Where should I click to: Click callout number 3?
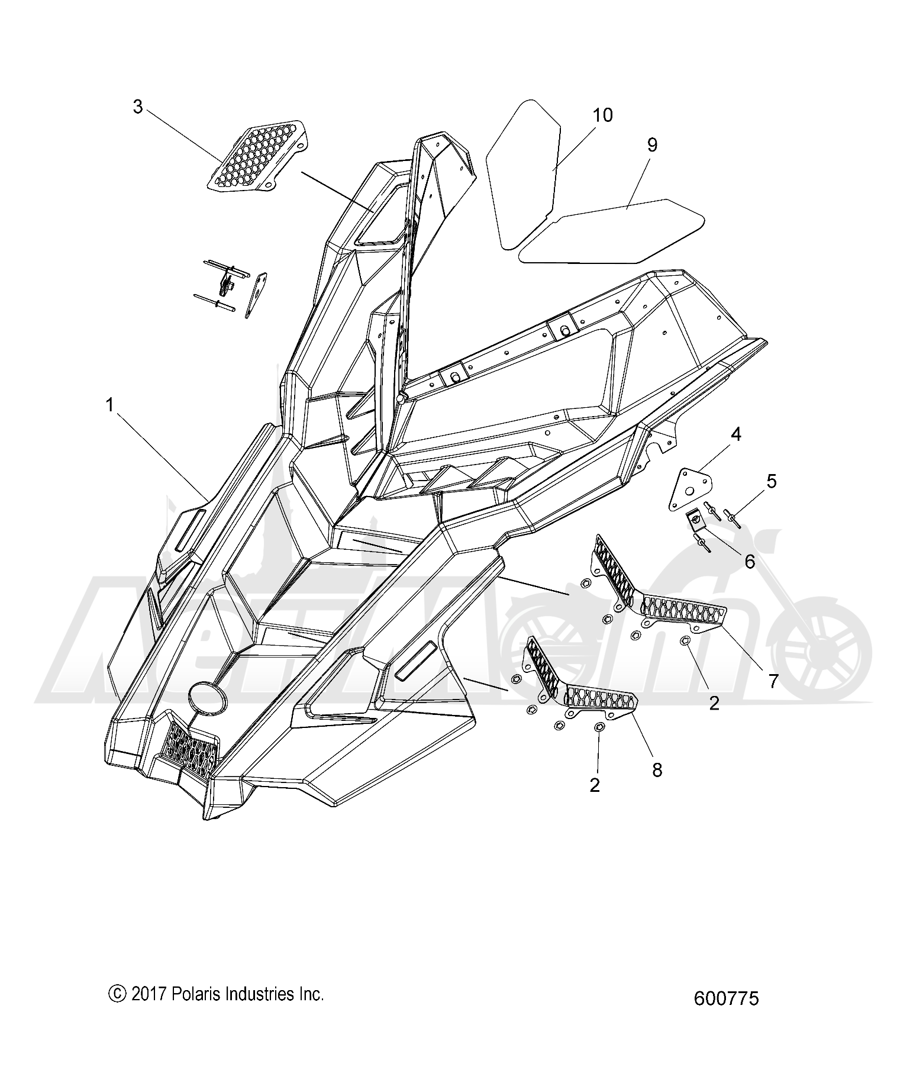pos(138,107)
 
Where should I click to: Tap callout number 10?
pos(602,115)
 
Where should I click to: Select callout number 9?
pos(651,144)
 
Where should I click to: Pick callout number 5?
pos(771,481)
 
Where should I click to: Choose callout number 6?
pos(749,561)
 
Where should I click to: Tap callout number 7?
pos(773,681)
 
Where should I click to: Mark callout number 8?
pos(657,769)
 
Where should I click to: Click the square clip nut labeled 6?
pos(696,520)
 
